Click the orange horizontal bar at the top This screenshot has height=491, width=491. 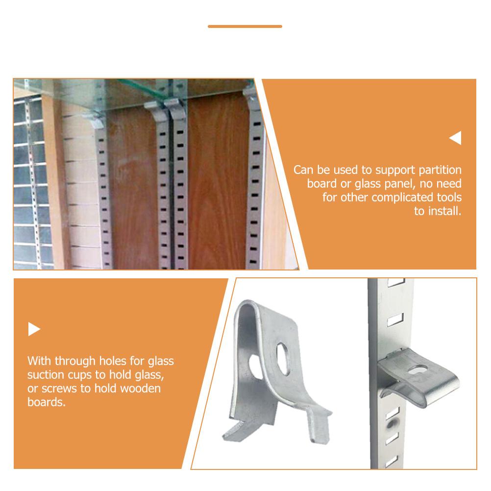pyautogui.click(x=245, y=26)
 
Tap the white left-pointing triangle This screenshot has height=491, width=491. pyautogui.click(x=456, y=138)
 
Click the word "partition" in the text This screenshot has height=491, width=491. pyautogui.click(x=440, y=170)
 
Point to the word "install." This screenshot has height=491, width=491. pyautogui.click(x=444, y=211)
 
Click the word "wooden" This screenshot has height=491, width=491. pyautogui.click(x=140, y=389)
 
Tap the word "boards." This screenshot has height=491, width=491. pyautogui.click(x=47, y=402)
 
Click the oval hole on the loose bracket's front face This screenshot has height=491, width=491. pyautogui.click(x=283, y=359)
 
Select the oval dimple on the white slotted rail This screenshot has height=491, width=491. pyautogui.click(x=391, y=424)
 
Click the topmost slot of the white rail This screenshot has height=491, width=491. pyautogui.click(x=396, y=282)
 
